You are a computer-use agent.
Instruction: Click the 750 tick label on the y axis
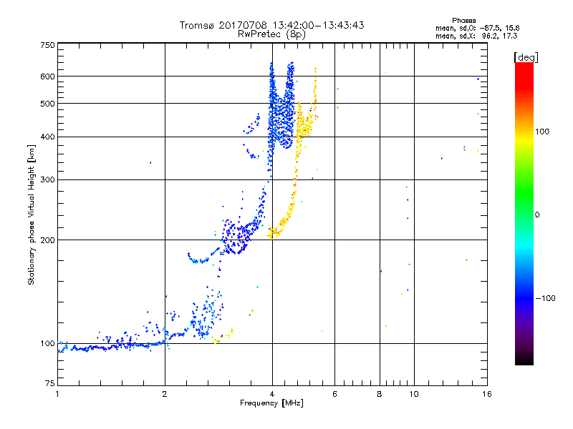[x=48, y=45]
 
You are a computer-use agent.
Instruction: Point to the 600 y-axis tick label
[x=48, y=76]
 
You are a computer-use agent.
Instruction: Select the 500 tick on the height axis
[x=48, y=103]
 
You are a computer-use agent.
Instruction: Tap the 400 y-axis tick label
[x=48, y=137]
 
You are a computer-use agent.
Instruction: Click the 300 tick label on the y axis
[x=48, y=179]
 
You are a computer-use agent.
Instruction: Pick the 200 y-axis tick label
[x=48, y=240]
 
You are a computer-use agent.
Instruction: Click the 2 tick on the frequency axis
[x=165, y=394]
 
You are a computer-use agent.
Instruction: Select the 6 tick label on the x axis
[x=334, y=394]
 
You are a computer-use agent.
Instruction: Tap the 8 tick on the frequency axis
[x=380, y=394]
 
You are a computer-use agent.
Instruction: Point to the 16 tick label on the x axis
[x=486, y=394]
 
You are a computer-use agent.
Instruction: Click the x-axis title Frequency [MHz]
[x=271, y=404]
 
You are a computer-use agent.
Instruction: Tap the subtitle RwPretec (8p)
[x=271, y=34]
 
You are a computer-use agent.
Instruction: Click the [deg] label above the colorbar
[x=524, y=56]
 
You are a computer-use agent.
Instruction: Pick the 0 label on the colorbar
[x=536, y=214]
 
